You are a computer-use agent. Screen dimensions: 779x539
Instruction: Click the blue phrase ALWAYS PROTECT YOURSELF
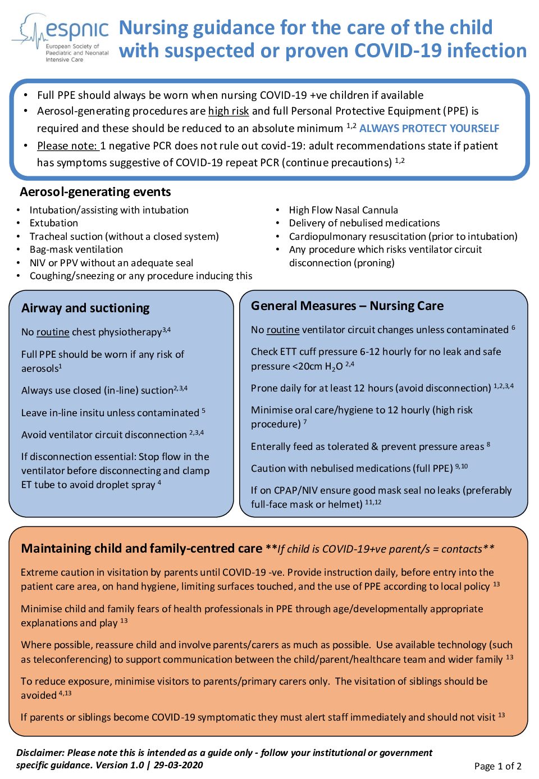[x=429, y=129]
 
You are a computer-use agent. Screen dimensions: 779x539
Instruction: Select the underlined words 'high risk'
[x=229, y=111]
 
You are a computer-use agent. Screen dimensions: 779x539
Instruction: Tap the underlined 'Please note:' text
[x=67, y=146]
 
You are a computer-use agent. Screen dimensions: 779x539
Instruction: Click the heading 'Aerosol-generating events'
[x=95, y=192]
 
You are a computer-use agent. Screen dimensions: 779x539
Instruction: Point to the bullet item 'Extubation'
[x=54, y=223]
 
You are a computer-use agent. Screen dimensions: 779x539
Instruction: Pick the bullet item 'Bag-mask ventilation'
[x=76, y=249]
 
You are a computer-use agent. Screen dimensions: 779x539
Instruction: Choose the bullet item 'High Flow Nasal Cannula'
[x=343, y=210]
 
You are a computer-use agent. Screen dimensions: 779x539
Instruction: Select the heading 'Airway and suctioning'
[x=85, y=308]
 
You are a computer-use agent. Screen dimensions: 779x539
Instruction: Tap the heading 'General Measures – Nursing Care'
[x=347, y=306]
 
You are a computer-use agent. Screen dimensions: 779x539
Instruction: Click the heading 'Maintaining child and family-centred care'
[x=141, y=549]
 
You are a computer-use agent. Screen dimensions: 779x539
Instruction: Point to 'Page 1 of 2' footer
[x=497, y=766]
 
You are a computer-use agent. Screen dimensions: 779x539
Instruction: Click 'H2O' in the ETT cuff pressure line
[x=334, y=367]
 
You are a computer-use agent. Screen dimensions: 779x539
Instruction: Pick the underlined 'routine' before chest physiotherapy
[x=53, y=332]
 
